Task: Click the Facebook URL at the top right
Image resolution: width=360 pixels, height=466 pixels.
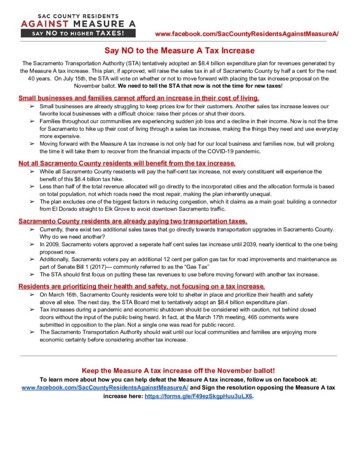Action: click(x=247, y=34)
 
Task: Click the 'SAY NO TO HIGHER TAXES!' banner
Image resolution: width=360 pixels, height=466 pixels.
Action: click(x=78, y=33)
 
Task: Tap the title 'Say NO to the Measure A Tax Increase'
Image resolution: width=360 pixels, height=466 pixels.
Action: click(x=180, y=51)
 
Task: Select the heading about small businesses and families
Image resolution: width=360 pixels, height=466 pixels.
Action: click(x=139, y=98)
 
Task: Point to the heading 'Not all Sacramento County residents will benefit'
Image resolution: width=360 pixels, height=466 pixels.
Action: click(x=127, y=163)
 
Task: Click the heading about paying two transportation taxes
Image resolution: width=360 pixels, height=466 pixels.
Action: click(x=133, y=221)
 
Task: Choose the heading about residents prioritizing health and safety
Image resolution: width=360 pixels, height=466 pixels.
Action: click(x=142, y=286)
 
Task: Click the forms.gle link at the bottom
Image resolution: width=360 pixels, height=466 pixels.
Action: click(x=198, y=396)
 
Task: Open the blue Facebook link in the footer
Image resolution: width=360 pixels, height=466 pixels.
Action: click(x=105, y=387)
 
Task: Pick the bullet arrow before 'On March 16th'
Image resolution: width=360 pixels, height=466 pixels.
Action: click(x=32, y=295)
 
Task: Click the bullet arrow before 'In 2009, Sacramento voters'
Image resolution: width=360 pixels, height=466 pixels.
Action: click(x=32, y=244)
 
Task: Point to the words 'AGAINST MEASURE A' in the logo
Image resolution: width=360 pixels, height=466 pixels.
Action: click(x=78, y=23)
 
